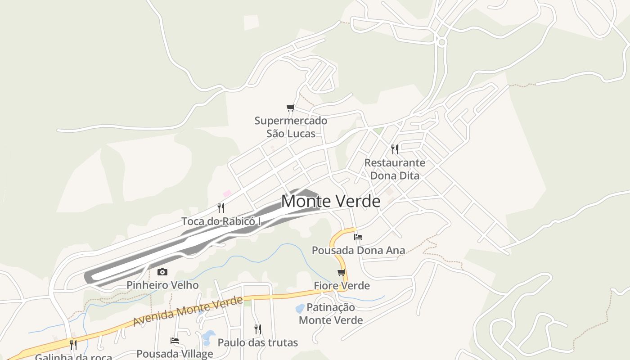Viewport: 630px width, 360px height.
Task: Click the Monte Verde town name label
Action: [331, 201]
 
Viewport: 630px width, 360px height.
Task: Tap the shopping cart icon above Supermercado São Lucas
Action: [290, 108]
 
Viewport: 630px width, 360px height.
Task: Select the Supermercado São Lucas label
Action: [291, 127]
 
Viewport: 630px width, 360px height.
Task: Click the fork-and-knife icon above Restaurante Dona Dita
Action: [395, 149]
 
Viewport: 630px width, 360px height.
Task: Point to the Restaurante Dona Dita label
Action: [395, 169]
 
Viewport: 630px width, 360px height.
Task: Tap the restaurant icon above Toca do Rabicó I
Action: [221, 207]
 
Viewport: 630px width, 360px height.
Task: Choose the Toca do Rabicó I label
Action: [221, 221]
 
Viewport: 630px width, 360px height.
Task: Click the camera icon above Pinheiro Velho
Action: [162, 272]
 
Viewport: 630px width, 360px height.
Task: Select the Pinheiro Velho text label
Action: [162, 285]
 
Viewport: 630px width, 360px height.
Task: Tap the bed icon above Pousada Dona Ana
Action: [358, 237]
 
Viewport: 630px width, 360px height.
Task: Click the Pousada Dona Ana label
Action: [358, 250]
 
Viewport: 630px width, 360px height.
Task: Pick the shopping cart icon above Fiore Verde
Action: [342, 272]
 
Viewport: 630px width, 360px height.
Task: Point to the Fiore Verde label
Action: [342, 286]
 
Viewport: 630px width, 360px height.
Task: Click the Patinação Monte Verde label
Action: [331, 314]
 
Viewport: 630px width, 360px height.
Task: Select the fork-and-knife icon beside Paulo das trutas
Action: [257, 329]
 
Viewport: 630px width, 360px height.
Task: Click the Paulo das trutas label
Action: [258, 343]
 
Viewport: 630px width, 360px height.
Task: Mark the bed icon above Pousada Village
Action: [175, 341]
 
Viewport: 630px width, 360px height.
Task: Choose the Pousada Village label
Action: [175, 354]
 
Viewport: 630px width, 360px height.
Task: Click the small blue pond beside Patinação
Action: [299, 309]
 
